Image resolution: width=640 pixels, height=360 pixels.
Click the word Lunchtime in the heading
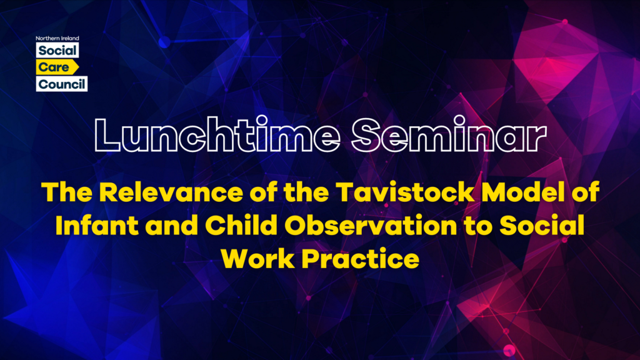coord(217,134)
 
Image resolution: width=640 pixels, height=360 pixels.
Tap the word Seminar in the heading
coord(449,134)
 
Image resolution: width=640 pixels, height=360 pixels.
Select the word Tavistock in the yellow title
coord(405,192)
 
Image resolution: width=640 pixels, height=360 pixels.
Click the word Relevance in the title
coord(171,192)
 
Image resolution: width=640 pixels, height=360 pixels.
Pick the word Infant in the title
coord(97,225)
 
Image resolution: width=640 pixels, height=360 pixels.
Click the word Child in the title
coord(241,225)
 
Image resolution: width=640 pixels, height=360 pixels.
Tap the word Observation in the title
coord(371,225)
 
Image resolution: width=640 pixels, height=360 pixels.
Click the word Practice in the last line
coord(361,259)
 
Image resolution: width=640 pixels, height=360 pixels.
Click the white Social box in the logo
coord(57,51)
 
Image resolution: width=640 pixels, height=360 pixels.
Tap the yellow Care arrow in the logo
coord(57,67)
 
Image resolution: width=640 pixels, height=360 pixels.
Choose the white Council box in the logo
coord(62,84)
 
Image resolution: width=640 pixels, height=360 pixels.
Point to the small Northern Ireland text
coord(57,38)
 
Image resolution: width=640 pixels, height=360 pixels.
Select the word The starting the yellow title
coord(67,192)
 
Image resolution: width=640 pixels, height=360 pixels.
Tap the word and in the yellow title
coord(171,225)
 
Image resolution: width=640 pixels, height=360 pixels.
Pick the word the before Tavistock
coord(306,192)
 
